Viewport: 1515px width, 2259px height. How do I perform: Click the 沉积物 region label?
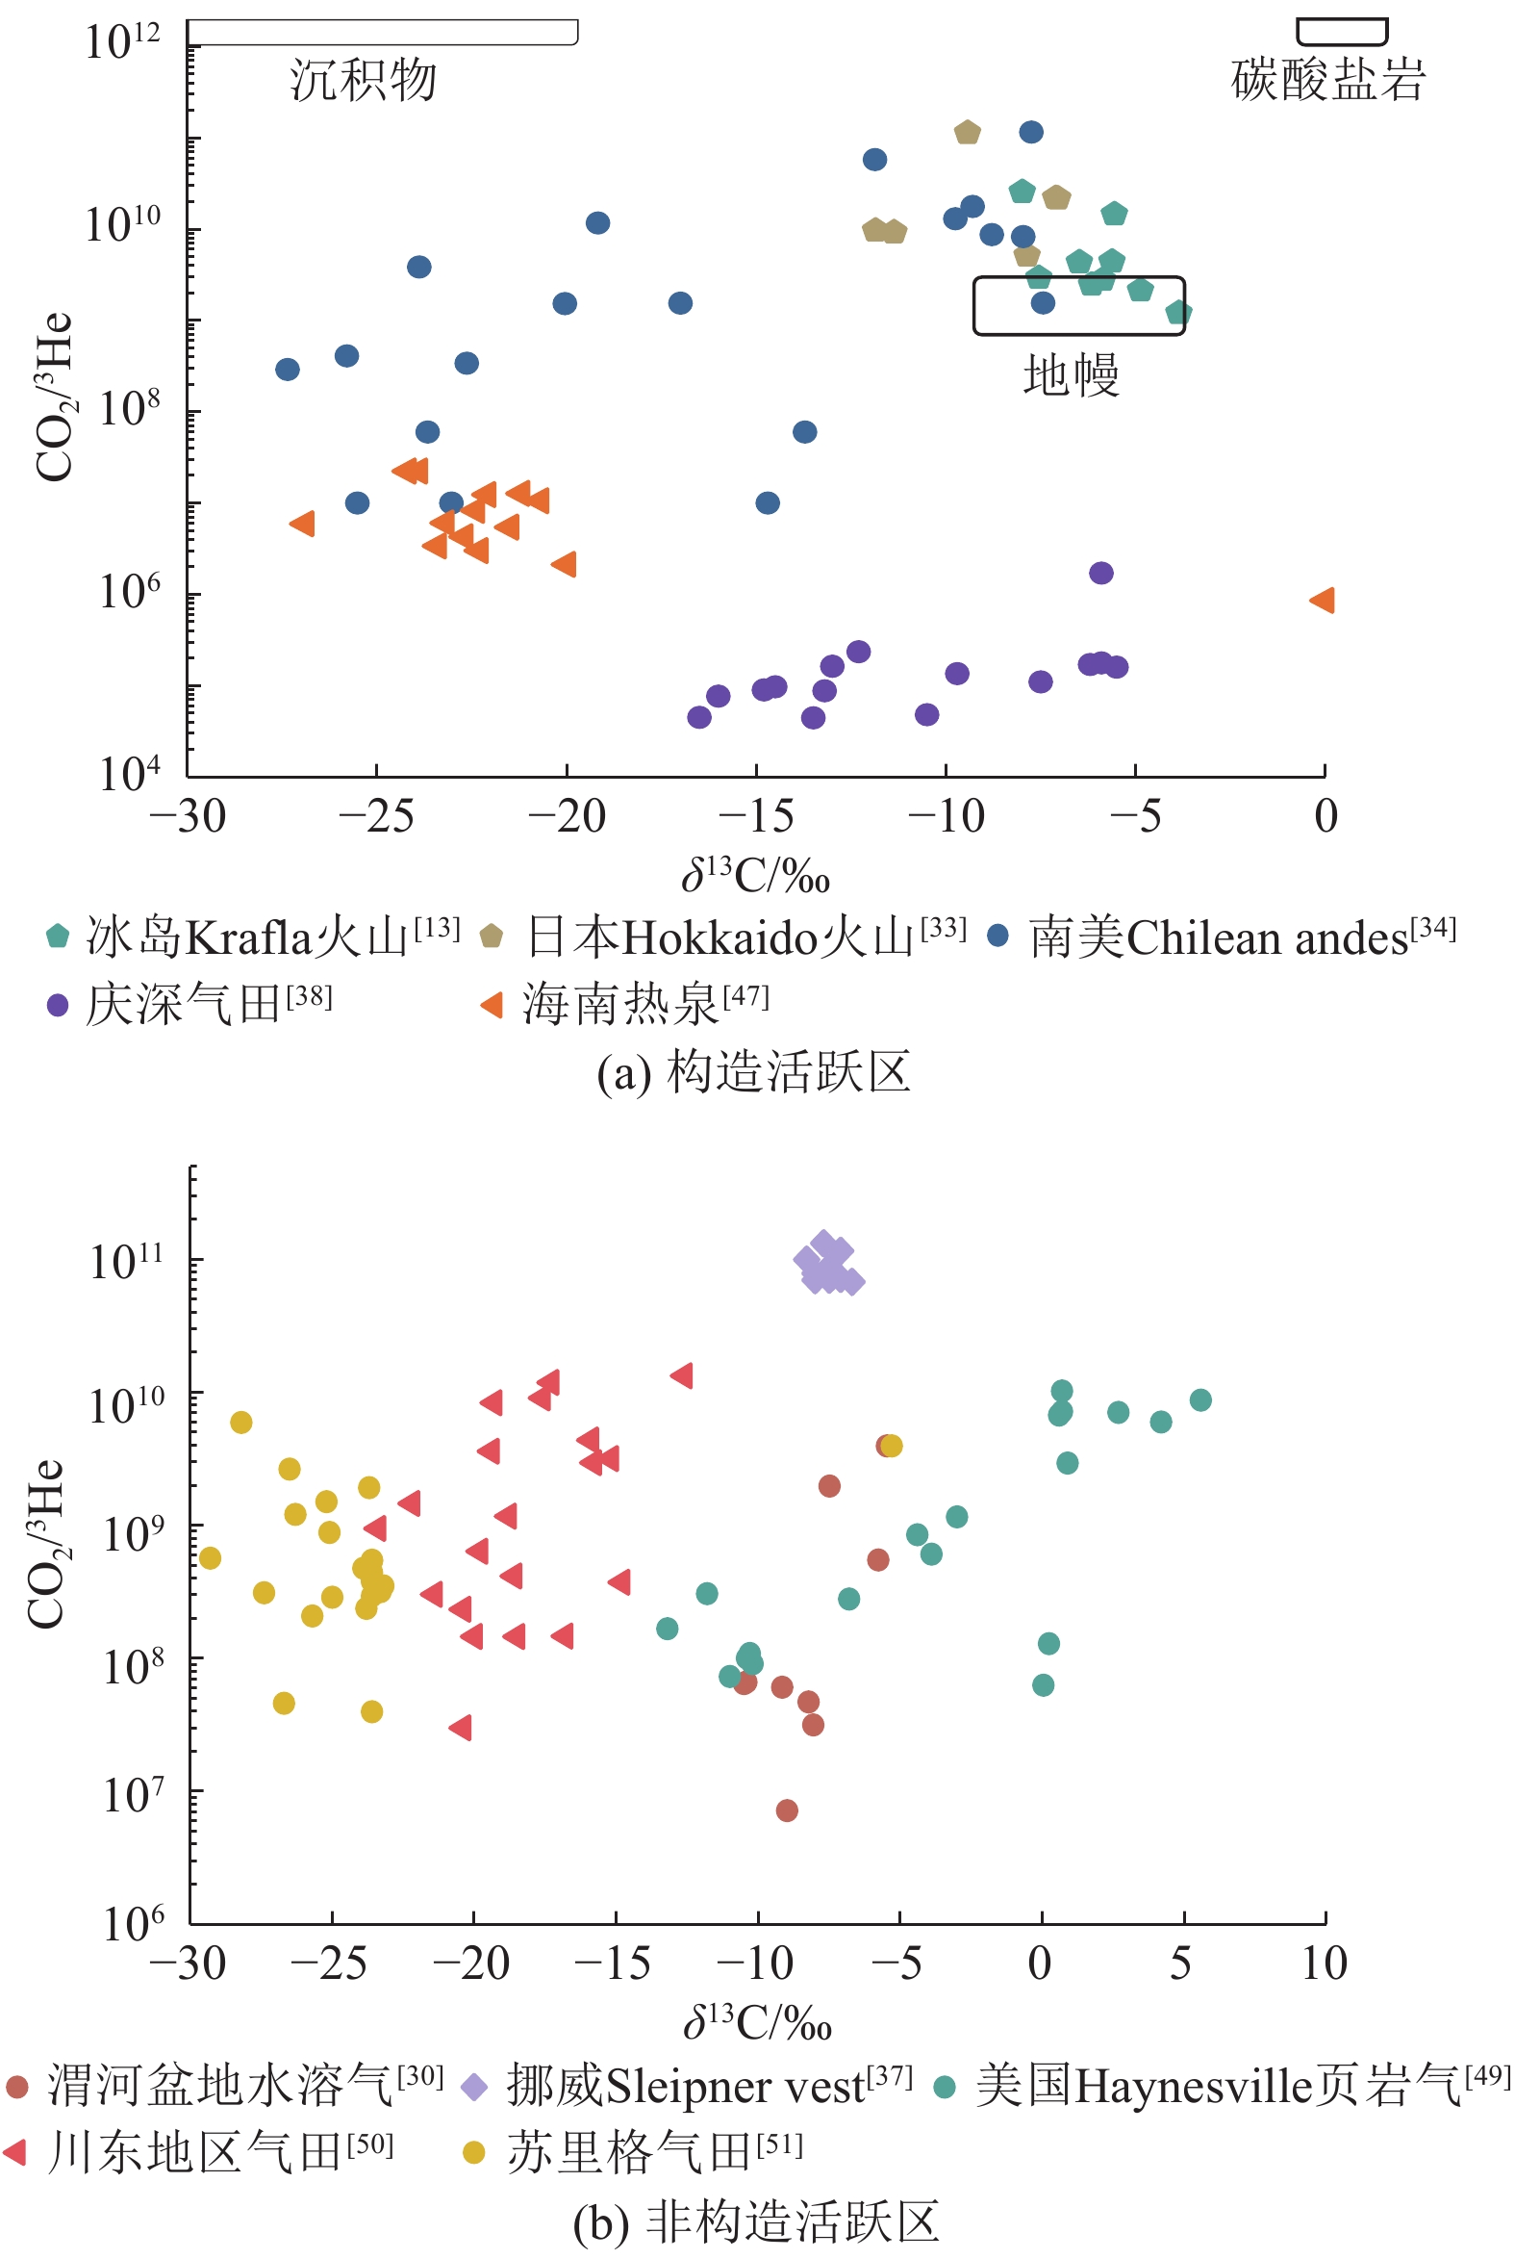point(364,79)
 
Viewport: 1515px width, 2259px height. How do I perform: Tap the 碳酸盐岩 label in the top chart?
point(1327,79)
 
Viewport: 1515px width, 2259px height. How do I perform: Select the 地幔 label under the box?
point(1072,374)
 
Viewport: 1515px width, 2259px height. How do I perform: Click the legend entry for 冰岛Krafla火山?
point(251,937)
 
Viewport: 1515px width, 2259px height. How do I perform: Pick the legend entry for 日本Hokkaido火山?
point(724,937)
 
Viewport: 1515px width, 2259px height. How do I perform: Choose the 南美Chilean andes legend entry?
point(1223,937)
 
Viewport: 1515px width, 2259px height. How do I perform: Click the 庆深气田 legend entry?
point(189,1004)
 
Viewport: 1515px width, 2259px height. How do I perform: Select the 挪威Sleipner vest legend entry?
point(687,2086)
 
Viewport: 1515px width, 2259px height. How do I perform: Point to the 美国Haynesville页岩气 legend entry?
point(1223,2086)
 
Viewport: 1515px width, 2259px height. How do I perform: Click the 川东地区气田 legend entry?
point(199,2152)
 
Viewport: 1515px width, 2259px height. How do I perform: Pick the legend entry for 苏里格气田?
point(633,2152)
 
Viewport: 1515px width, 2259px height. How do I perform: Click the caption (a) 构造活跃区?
point(753,1072)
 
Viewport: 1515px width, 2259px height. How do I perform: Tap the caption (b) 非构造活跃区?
point(755,2221)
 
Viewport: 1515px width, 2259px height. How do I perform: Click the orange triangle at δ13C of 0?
point(1322,601)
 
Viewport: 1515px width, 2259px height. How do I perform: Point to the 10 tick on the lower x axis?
point(1324,1964)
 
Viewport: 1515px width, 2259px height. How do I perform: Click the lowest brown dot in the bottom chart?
point(787,1810)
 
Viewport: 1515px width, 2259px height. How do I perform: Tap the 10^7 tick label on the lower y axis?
point(133,1795)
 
